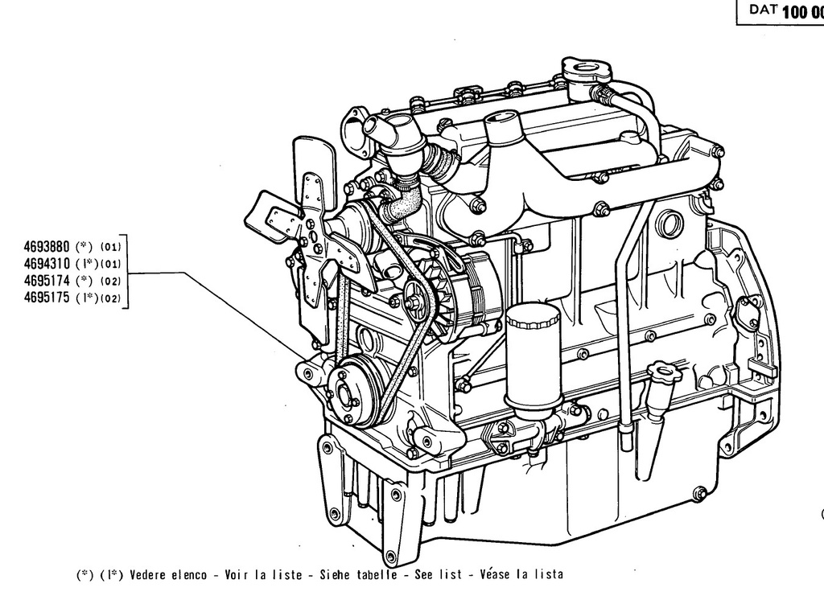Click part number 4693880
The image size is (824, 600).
point(46,246)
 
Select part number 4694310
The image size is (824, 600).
point(46,263)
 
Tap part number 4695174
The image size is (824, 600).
point(46,280)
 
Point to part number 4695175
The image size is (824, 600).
point(46,298)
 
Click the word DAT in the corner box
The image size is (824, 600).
point(763,10)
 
